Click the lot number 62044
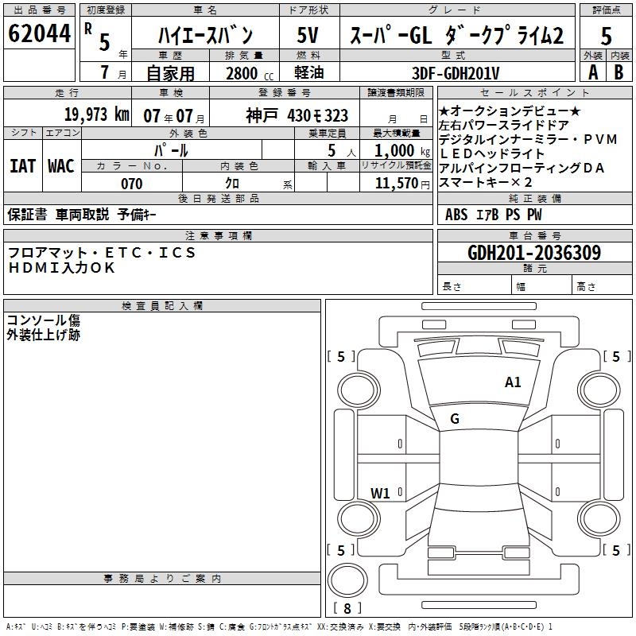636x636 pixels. [38, 35]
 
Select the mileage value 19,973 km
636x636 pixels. [96, 114]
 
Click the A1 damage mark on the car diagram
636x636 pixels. [513, 382]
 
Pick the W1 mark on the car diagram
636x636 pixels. [380, 493]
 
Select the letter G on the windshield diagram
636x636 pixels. [455, 419]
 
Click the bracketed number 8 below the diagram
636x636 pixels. [347, 608]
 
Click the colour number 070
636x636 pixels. [131, 184]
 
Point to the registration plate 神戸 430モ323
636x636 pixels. [297, 115]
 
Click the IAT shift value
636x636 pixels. [22, 165]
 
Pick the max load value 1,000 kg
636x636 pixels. [399, 150]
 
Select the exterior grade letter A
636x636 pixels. [592, 72]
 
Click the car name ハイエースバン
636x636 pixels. [204, 36]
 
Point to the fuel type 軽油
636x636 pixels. [310, 73]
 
